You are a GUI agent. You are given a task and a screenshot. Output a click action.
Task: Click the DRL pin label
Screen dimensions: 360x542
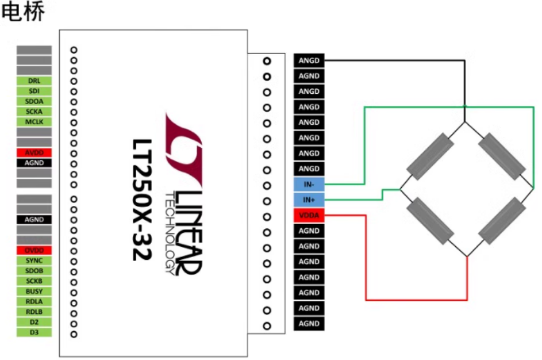(34, 81)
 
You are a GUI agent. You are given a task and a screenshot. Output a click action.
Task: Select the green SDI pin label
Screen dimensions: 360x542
(34, 91)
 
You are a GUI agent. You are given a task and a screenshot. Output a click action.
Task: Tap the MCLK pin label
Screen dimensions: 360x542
(34, 122)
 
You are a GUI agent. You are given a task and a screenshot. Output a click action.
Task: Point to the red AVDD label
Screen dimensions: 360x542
(34, 153)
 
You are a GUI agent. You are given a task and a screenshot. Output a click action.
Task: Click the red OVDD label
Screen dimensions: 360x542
(34, 251)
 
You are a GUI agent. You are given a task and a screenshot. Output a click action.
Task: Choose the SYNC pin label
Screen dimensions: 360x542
(34, 261)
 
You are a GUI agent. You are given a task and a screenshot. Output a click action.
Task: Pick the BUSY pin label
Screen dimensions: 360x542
(34, 292)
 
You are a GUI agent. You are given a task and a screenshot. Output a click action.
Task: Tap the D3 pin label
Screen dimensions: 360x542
(34, 332)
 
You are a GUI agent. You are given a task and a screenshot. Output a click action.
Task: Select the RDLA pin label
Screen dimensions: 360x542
(34, 301)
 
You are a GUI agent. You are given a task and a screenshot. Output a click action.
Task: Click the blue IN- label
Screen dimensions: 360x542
(309, 185)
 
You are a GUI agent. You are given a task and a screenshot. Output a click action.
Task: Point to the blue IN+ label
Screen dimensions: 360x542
(309, 200)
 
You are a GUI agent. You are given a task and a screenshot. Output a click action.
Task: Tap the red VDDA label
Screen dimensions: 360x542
(309, 216)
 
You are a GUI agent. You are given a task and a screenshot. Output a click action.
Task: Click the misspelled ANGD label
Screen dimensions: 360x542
(309, 60)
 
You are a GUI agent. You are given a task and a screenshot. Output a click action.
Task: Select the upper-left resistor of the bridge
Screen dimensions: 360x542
(430, 155)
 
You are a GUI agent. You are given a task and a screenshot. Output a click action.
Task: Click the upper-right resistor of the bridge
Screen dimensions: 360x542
(502, 155)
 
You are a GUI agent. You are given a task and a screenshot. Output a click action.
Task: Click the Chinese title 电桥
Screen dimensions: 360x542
(23, 13)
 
